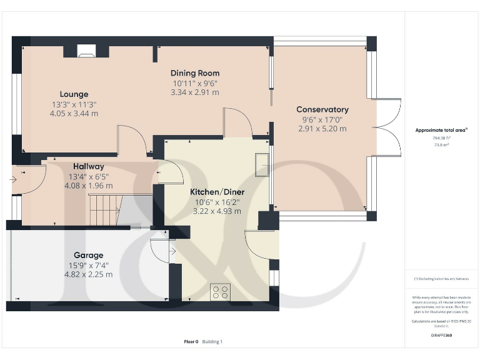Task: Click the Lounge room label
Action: [74, 94]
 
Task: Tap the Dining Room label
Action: [196, 73]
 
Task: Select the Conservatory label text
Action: [322, 109]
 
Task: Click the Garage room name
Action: [88, 255]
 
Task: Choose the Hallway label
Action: [88, 166]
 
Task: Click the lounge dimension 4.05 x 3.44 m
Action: [74, 114]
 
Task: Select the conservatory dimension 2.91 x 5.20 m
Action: [322, 129]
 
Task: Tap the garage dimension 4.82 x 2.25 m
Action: [88, 274]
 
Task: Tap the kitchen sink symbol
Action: [262, 162]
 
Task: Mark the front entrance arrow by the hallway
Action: [14, 179]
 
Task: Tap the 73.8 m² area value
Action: [441, 144]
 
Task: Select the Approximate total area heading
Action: [441, 130]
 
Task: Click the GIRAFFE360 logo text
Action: [441, 336]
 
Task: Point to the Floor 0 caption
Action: [191, 342]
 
